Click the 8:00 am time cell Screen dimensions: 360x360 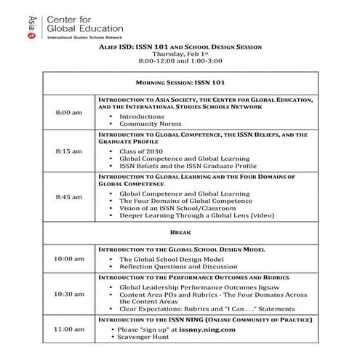69,113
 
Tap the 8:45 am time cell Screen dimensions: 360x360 69,197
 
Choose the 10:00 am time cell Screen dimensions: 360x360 69,258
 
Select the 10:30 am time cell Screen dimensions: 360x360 69,294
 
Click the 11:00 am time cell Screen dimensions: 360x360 69,329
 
